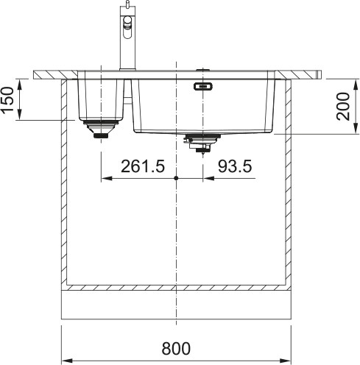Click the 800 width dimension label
(x=176, y=348)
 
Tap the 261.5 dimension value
(x=143, y=166)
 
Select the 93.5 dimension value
(x=235, y=166)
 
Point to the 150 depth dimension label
(x=7, y=100)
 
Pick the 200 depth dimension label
(x=342, y=106)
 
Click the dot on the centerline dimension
(x=176, y=178)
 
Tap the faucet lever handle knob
(x=127, y=20)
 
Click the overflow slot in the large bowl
(x=203, y=86)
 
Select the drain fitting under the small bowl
(x=101, y=129)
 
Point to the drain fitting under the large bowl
(x=202, y=143)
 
